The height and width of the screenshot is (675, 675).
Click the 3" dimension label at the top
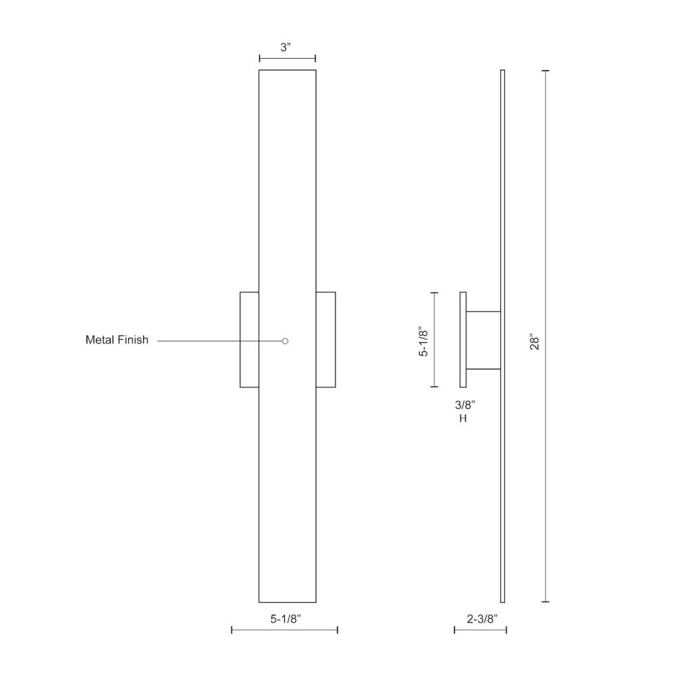tap(286, 47)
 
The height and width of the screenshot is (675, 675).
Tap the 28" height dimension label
tap(535, 342)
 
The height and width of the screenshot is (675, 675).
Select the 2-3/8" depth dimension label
tap(482, 619)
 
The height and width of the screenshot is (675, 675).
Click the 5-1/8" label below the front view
tap(286, 619)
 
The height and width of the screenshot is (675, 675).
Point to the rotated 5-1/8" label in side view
tap(424, 342)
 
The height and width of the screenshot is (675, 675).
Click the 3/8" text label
tap(465, 404)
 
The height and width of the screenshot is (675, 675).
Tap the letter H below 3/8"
tap(463, 418)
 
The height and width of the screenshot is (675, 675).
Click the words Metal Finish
tap(117, 340)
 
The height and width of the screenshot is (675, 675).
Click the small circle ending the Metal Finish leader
tap(285, 341)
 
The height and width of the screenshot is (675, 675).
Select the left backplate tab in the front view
tap(249, 340)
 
